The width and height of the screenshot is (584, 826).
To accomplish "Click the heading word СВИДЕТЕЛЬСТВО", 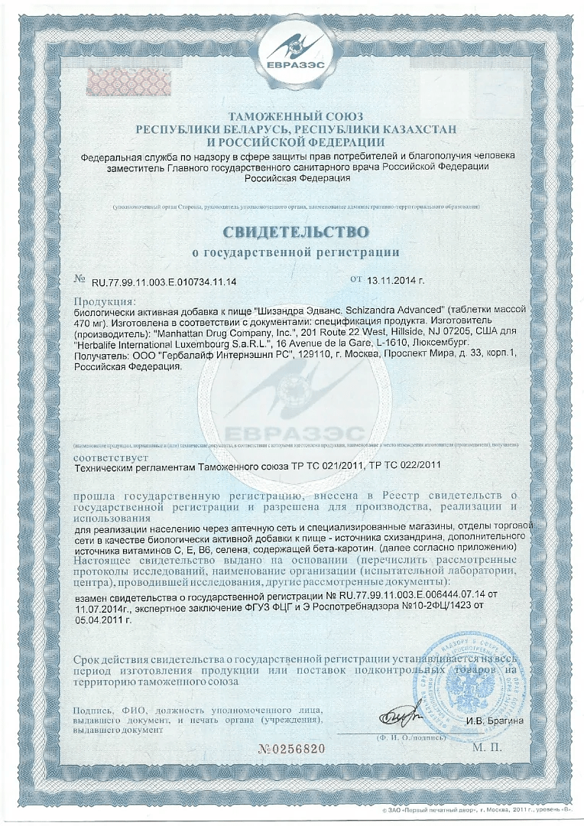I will click(295, 231).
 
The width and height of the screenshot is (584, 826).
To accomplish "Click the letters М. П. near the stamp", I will click(487, 747).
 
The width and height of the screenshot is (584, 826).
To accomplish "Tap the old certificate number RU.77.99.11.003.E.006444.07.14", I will click(394, 594).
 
